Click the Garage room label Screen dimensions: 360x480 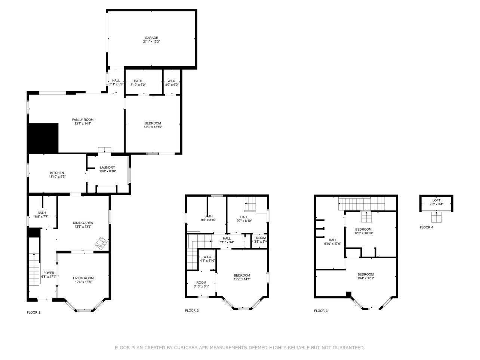coord(151,38)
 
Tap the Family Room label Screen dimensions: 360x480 coord(83,120)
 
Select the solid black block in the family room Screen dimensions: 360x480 coord(43,138)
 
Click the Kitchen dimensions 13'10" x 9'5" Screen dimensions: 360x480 coord(57,177)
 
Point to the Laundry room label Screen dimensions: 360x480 coord(107,167)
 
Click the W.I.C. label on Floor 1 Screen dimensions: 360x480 coord(172,81)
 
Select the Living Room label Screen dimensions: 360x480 coord(83,278)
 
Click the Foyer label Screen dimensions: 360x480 coord(49,273)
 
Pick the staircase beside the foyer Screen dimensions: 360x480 coord(34,269)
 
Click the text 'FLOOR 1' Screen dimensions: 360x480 coord(34,313)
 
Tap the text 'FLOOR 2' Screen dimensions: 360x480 coord(192,311)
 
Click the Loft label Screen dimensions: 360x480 coord(436,200)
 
